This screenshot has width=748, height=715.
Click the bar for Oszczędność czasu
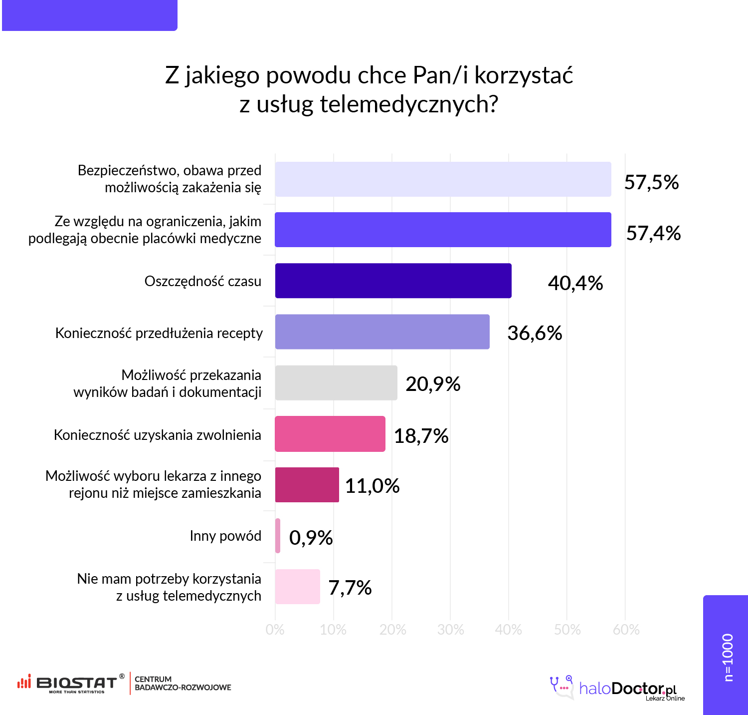[393, 281]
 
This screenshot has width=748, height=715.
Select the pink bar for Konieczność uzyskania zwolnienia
[330, 434]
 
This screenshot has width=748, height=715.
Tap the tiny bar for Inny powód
[278, 536]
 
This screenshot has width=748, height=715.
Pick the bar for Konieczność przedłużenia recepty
[382, 332]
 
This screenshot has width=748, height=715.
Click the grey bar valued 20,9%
[336, 383]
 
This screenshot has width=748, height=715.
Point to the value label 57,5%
[651, 182]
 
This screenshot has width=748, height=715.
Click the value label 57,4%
[653, 233]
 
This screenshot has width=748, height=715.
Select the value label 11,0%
[372, 486]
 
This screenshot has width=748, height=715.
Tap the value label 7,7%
[350, 588]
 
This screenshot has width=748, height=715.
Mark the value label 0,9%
[311, 538]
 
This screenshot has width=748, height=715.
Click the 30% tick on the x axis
[450, 630]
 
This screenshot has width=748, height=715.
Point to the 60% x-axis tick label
[626, 630]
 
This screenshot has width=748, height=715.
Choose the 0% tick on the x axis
[275, 630]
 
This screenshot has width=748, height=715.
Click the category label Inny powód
[225, 536]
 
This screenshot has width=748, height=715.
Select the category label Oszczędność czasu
[202, 282]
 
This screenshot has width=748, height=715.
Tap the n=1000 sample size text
[728, 657]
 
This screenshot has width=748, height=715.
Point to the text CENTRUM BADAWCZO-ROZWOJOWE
[183, 683]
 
